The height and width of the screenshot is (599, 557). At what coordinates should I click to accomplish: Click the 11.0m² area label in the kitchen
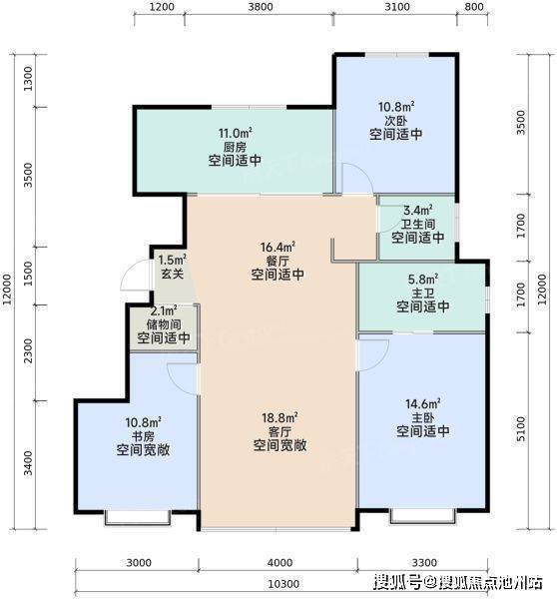click(x=235, y=134)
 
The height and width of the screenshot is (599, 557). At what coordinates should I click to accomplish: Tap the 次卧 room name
click(x=395, y=121)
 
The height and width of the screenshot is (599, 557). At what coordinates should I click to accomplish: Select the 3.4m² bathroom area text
click(x=418, y=210)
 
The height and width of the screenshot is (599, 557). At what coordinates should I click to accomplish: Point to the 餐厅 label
click(x=278, y=262)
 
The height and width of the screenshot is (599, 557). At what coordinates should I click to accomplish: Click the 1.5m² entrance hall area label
click(x=172, y=260)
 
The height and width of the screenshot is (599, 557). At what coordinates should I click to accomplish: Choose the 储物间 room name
click(x=164, y=324)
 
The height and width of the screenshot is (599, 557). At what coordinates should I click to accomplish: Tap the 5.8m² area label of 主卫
click(x=423, y=280)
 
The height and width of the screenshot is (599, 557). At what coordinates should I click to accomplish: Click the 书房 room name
click(x=143, y=436)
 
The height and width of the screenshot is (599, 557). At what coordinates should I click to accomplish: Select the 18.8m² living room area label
click(x=279, y=417)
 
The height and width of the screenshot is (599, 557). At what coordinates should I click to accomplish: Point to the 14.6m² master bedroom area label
click(x=423, y=403)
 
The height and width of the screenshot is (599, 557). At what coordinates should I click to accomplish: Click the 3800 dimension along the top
click(x=261, y=7)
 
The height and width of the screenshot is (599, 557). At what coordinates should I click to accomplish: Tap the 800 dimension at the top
click(x=473, y=7)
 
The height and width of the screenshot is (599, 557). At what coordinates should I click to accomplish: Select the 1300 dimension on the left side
click(x=28, y=79)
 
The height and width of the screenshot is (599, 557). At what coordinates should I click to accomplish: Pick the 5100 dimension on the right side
click(x=521, y=428)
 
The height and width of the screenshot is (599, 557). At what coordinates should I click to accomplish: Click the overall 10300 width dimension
click(x=283, y=584)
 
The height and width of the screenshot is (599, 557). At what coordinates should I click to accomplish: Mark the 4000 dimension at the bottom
click(x=279, y=563)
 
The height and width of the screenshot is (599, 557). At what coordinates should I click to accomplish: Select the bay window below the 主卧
click(x=423, y=516)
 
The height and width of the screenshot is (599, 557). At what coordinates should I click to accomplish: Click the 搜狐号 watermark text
click(x=397, y=583)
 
